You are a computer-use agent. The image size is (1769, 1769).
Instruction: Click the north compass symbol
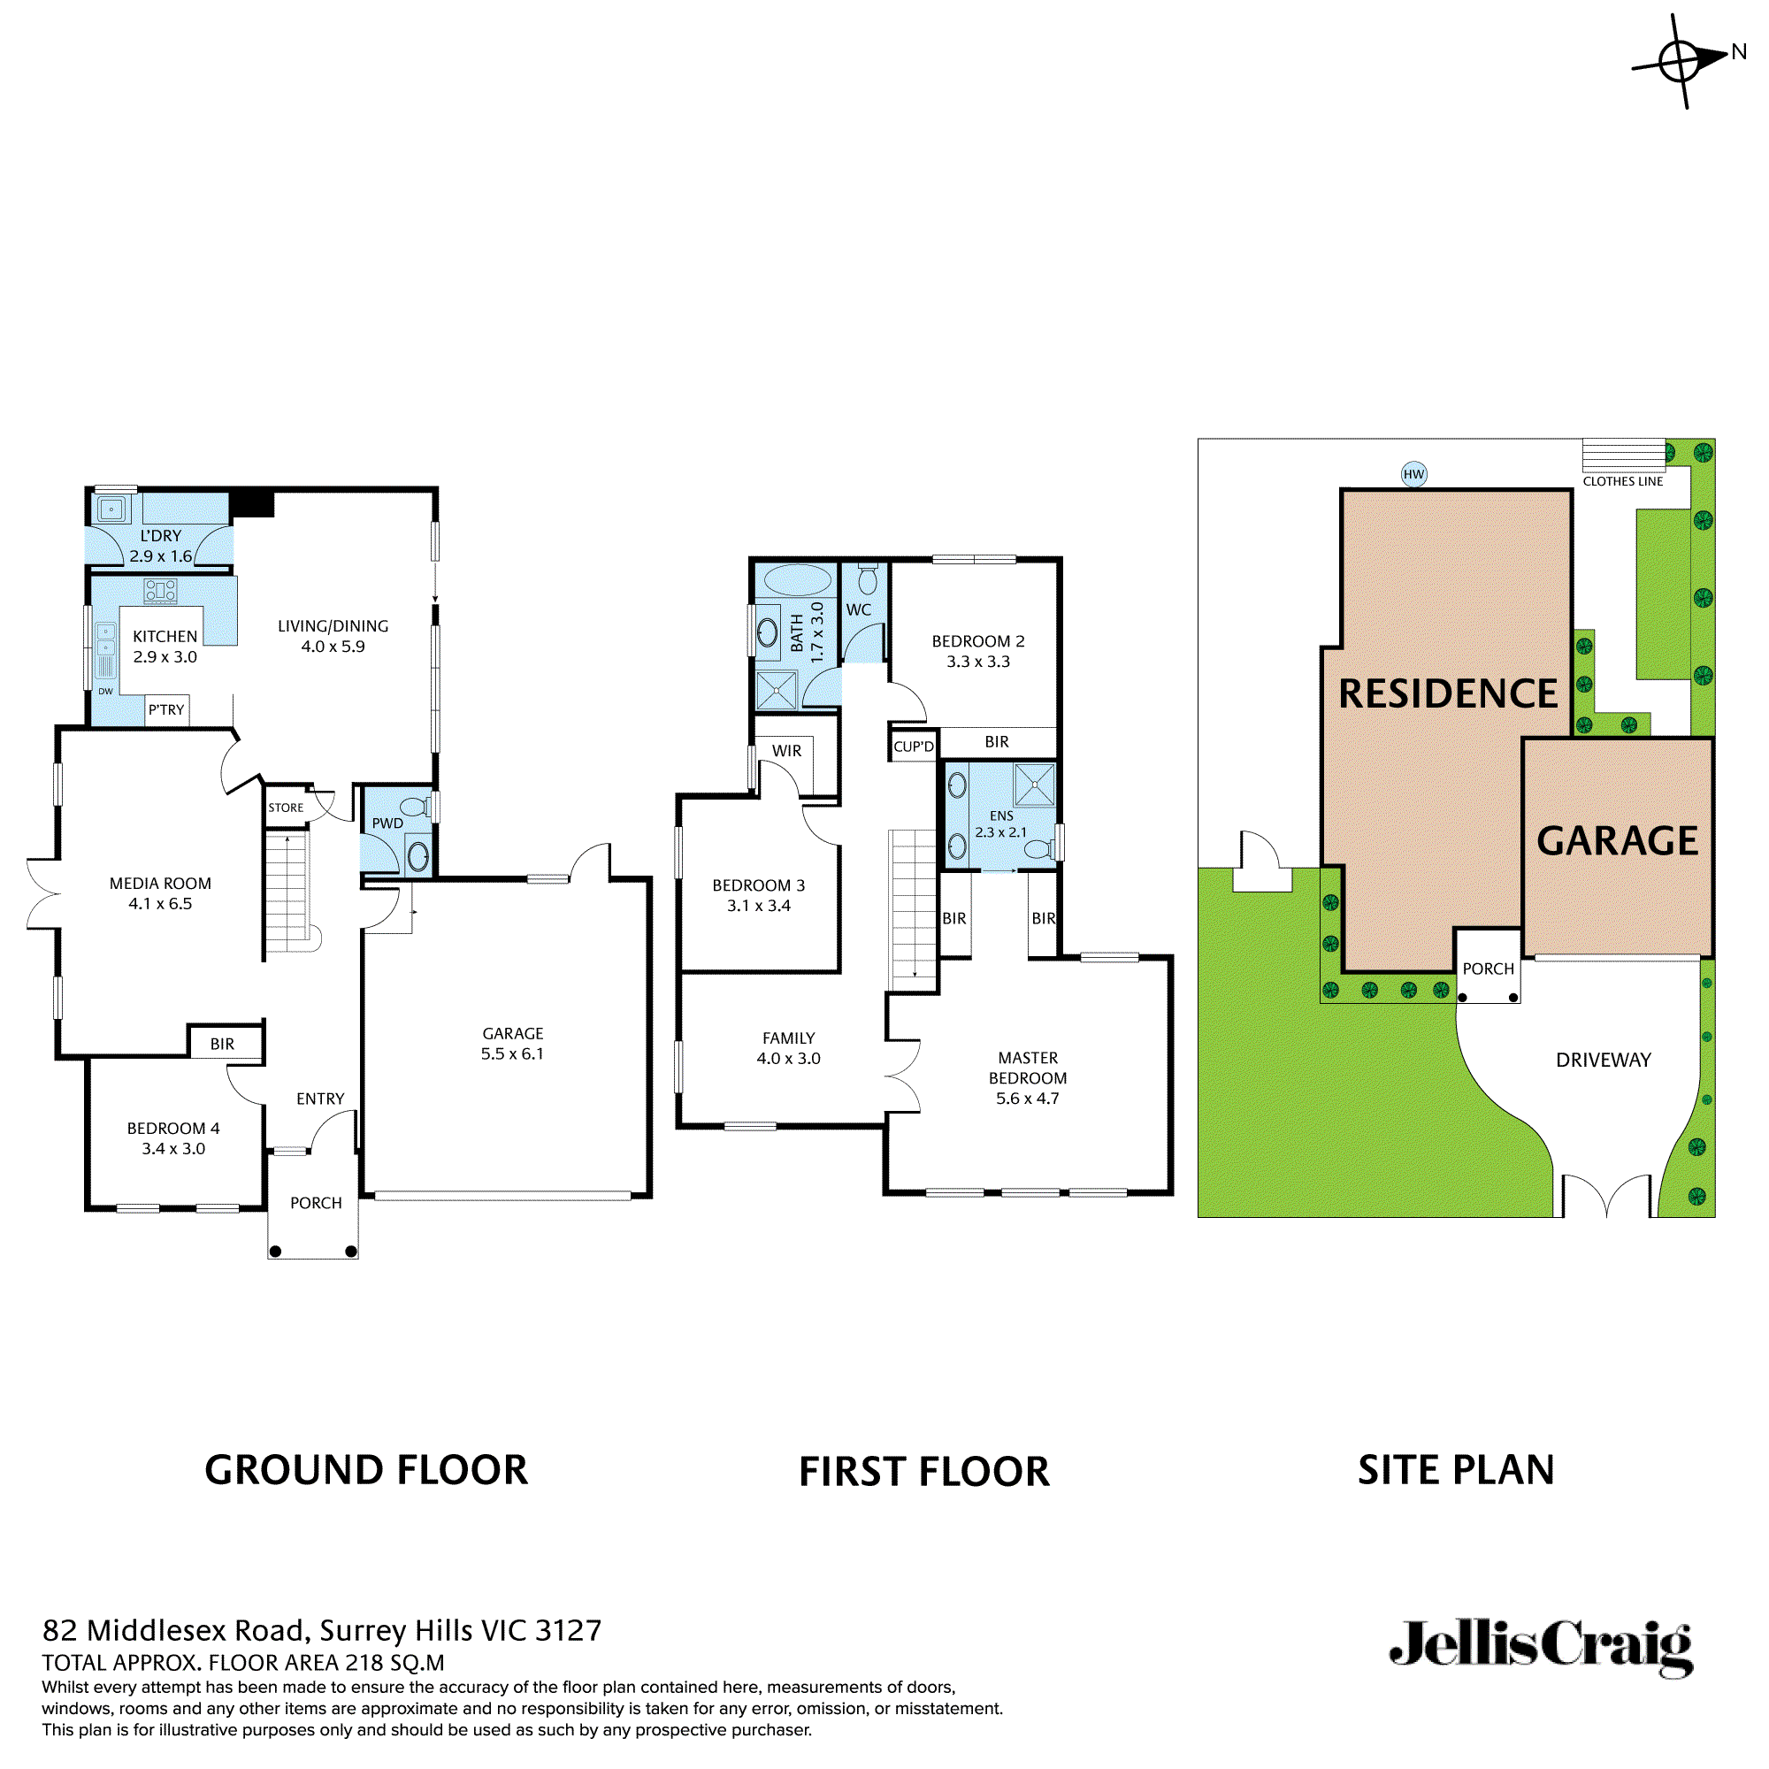point(1681,61)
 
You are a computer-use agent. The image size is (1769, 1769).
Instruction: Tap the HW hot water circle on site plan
point(1413,474)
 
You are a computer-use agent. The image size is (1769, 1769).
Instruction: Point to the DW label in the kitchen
point(105,692)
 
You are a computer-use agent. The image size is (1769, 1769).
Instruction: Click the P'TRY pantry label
point(166,709)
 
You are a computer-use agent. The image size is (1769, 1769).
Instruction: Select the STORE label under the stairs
point(286,808)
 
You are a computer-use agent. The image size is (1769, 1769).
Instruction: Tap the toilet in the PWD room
point(415,807)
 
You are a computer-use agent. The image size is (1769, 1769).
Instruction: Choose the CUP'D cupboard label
point(914,747)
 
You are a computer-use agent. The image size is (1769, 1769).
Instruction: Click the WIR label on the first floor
point(786,751)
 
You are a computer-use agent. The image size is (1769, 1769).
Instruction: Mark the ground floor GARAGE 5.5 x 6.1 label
point(513,1044)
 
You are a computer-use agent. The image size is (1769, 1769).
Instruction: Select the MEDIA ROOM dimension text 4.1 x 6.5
point(160,904)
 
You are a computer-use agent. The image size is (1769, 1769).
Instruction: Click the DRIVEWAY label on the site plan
point(1604,1061)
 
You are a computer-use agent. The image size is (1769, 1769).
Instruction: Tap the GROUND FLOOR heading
point(366,1469)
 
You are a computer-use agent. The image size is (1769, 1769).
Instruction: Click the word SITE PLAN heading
point(1456,1469)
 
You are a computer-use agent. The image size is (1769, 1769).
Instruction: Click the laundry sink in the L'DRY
point(111,509)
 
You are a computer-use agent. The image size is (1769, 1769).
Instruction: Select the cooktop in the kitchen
point(160,591)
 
